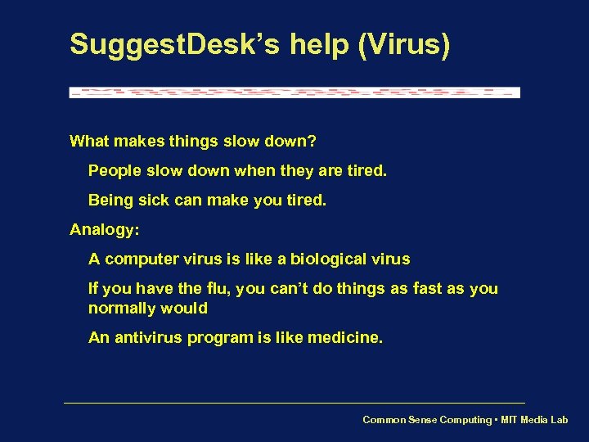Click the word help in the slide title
click(x=322, y=44)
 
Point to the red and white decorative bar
click(x=294, y=92)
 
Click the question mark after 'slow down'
click(x=312, y=142)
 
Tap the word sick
click(x=155, y=201)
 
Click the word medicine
click(x=344, y=338)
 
